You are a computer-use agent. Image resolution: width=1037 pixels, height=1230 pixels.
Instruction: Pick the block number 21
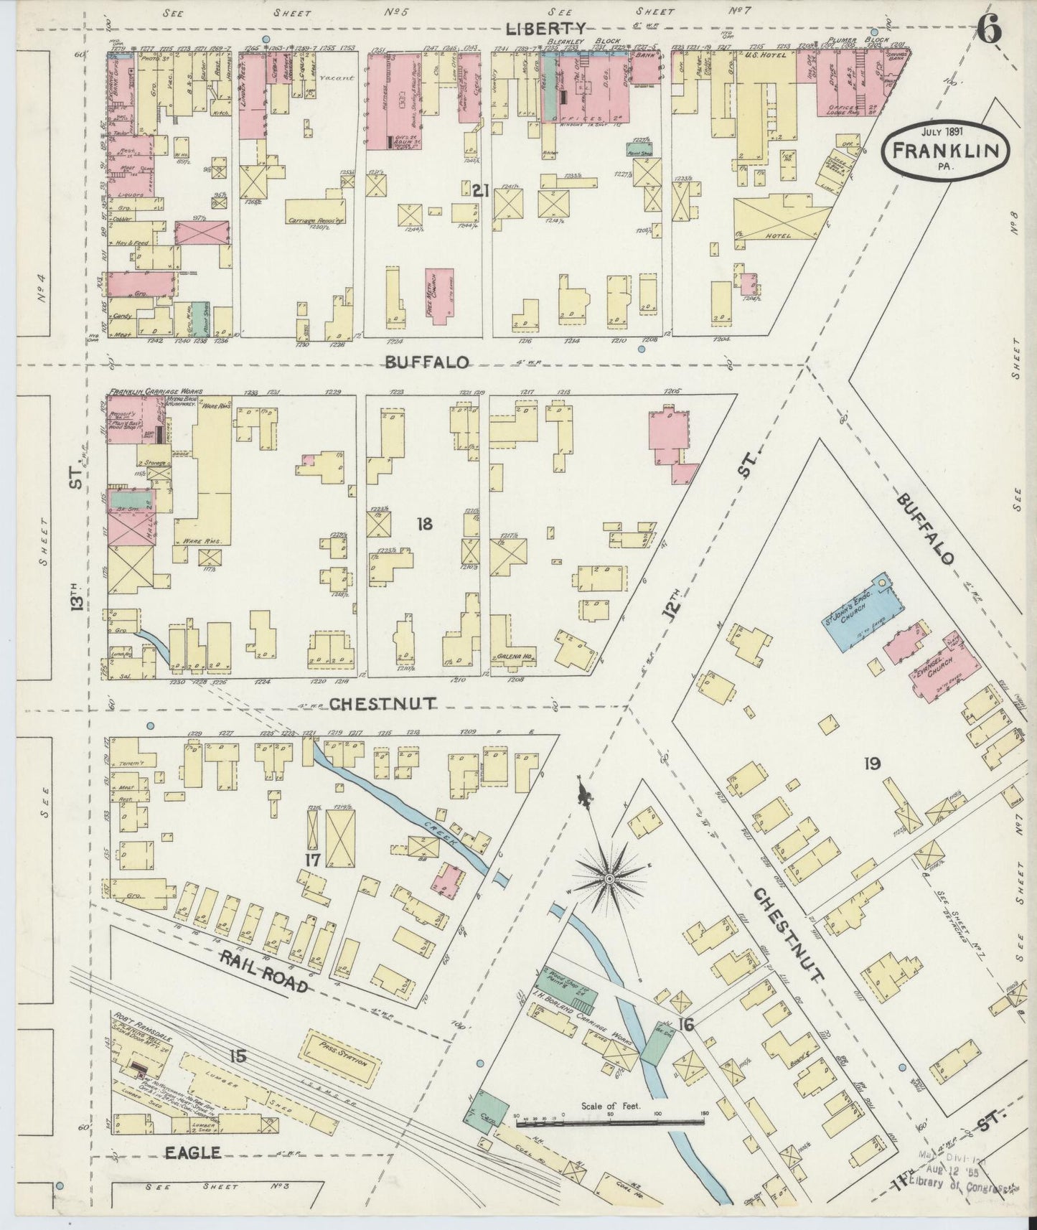tap(480, 190)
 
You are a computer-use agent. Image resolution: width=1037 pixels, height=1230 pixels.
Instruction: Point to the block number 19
tap(872, 764)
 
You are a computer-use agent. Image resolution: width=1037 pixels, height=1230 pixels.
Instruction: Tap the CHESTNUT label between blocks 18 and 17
tap(382, 705)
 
